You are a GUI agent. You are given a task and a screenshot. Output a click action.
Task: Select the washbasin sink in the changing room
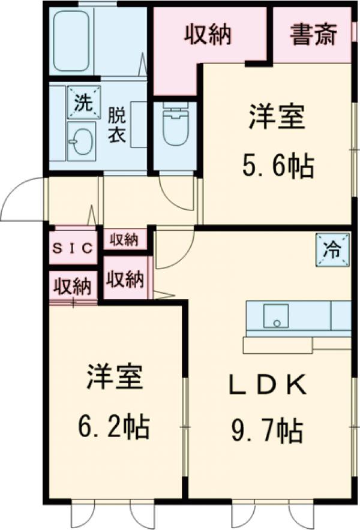point(80,141)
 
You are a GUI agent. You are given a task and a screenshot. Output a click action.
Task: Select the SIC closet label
point(73,248)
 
